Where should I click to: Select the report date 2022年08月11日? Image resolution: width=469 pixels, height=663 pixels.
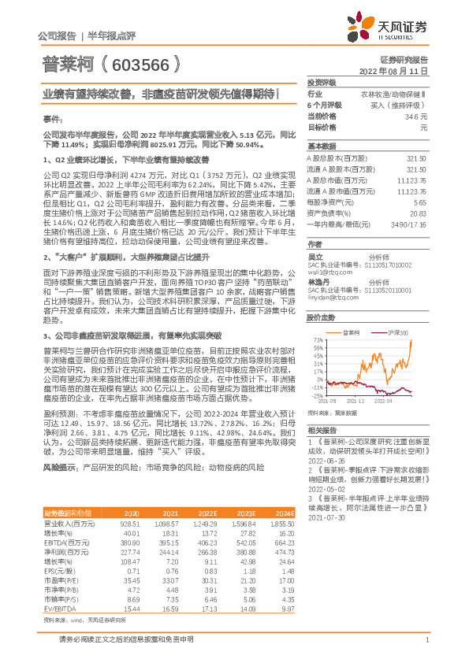click(x=399, y=71)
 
